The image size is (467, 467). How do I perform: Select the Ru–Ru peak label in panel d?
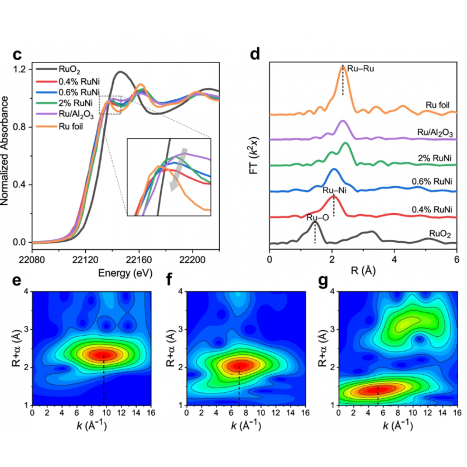click(360, 69)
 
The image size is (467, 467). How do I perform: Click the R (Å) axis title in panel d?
click(361, 271)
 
